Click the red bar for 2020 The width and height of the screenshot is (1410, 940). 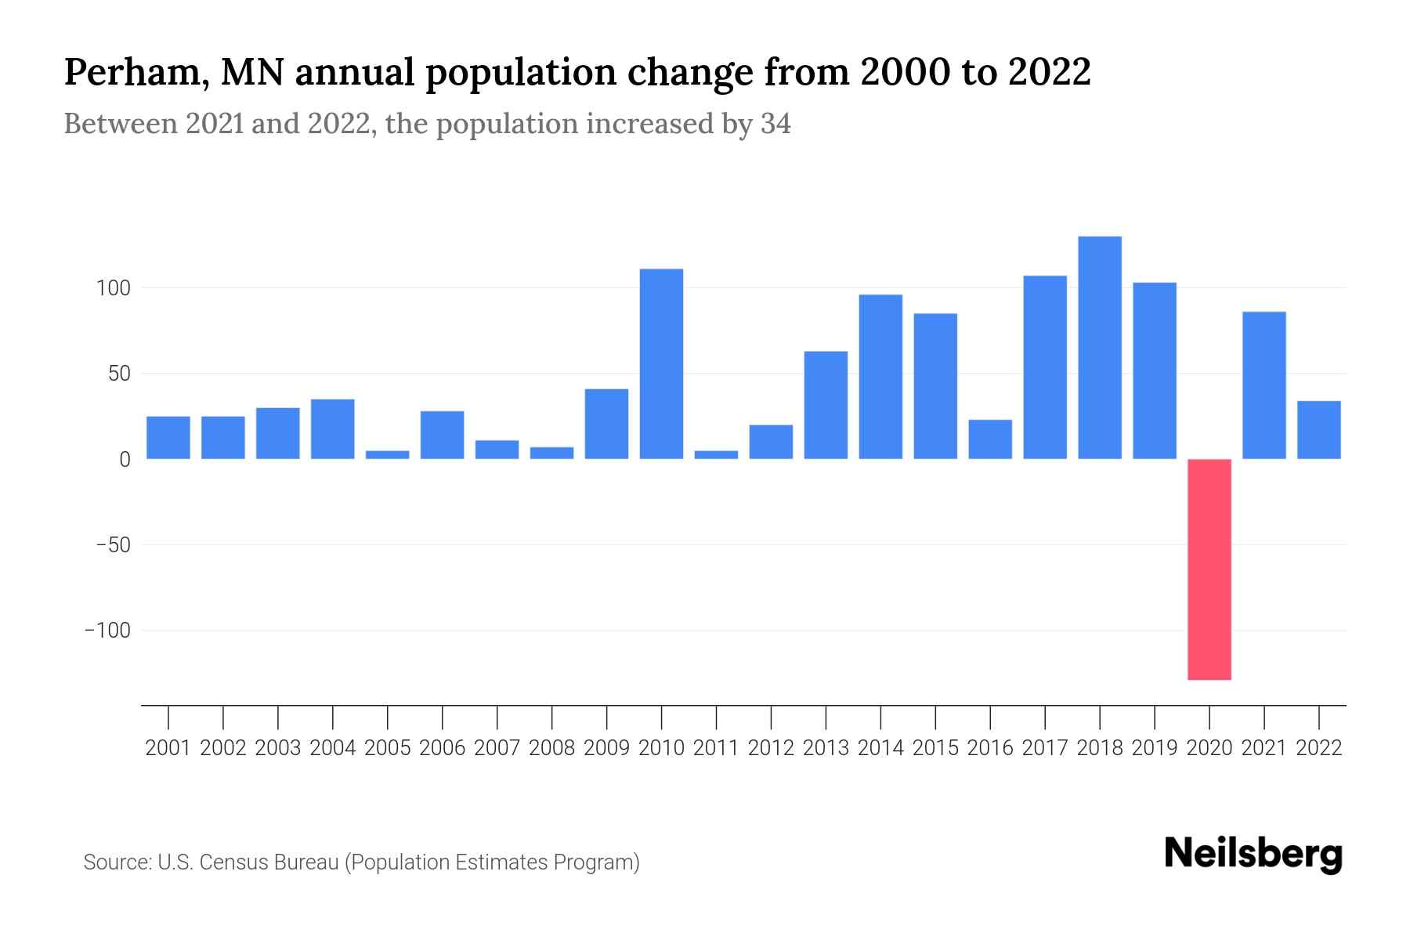click(x=1209, y=569)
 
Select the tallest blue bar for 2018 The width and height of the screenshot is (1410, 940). click(x=1100, y=348)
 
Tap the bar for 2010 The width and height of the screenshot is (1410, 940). click(x=661, y=364)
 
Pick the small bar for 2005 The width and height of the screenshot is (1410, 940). click(x=388, y=454)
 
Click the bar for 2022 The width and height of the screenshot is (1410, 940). click(x=1319, y=430)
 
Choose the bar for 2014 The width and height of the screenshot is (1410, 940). click(x=880, y=377)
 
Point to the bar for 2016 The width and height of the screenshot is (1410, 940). click(x=990, y=439)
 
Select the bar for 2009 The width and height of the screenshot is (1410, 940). click(x=606, y=424)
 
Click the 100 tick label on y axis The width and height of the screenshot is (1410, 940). click(x=113, y=288)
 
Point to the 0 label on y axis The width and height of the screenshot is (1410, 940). click(x=125, y=460)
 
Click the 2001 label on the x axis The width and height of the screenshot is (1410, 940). click(x=168, y=748)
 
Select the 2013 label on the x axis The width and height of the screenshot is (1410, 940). click(x=826, y=748)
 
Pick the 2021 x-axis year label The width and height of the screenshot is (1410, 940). click(x=1264, y=748)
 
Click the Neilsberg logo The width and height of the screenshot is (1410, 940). click(x=1253, y=855)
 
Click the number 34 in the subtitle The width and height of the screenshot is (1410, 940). click(x=775, y=124)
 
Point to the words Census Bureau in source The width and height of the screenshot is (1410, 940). click(x=269, y=862)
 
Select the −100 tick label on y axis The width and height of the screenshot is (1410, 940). click(x=107, y=631)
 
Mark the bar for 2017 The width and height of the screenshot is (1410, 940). click(x=1045, y=367)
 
